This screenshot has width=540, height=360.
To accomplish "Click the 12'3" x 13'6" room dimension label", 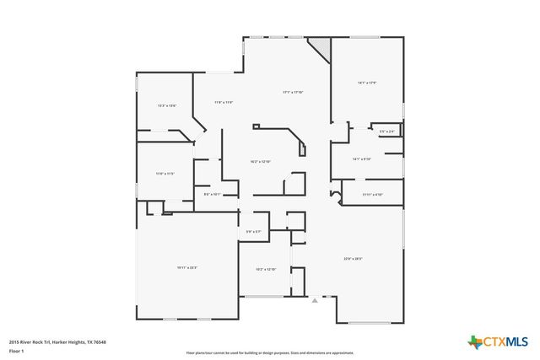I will [x=167, y=105].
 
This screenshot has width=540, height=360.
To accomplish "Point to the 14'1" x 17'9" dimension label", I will [x=366, y=83].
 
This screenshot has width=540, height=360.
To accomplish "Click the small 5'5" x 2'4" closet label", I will [x=386, y=132].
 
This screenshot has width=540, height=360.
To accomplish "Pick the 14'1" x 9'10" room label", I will [x=362, y=159].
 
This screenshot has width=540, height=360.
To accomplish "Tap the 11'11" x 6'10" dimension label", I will [x=373, y=195].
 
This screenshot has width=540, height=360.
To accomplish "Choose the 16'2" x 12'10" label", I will [x=260, y=161].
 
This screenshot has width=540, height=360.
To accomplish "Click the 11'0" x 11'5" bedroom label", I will [x=165, y=174].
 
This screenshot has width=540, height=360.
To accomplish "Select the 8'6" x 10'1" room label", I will [x=213, y=194].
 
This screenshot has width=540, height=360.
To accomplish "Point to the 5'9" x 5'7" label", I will [x=254, y=231].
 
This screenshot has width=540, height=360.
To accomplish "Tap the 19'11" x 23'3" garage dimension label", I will [x=187, y=267].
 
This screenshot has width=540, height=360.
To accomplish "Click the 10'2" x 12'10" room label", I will [x=267, y=269].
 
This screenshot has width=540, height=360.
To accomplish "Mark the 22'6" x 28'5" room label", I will [x=353, y=258].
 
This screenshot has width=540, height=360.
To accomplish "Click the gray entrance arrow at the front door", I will [x=315, y=299].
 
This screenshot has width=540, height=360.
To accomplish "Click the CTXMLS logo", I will [x=498, y=341].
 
